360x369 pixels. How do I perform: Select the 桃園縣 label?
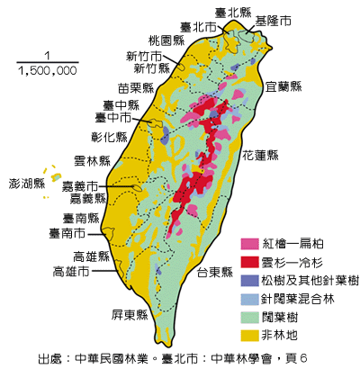coord(166,41)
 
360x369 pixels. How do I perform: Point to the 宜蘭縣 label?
coord(284,86)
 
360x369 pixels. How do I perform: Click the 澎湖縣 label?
coord(27,184)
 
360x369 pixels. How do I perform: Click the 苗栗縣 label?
coord(136,88)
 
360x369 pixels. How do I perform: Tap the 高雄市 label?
coord(71,271)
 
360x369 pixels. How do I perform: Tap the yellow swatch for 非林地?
coord(250,336)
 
